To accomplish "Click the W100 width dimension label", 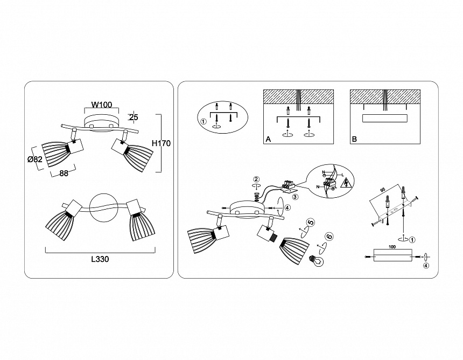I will click(x=102, y=105).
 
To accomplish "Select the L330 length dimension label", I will click(x=100, y=259).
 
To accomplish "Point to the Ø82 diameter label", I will click(x=35, y=159).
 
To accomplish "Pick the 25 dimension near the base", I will click(x=134, y=117).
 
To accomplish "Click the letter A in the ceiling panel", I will click(x=268, y=140).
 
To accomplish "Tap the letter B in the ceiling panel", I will click(x=354, y=140).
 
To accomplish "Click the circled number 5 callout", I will click(x=311, y=223).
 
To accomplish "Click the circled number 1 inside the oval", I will click(x=203, y=122).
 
